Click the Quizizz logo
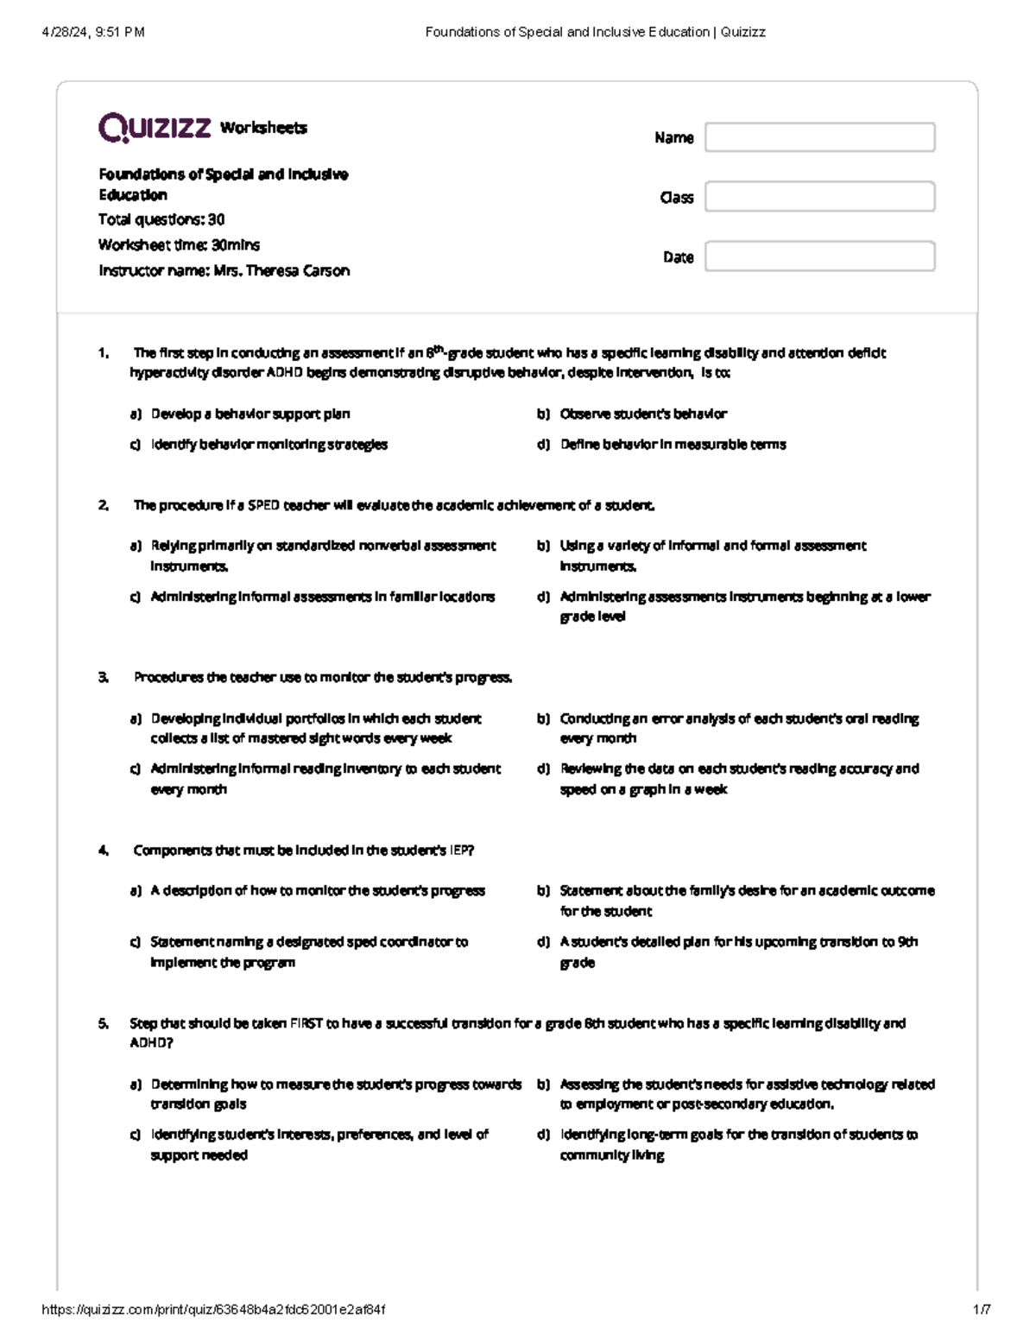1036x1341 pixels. [x=155, y=128]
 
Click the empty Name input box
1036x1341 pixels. [x=819, y=137]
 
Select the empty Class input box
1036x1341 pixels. [x=819, y=197]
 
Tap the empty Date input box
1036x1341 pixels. [x=819, y=256]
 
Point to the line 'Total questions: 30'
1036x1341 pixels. [x=161, y=219]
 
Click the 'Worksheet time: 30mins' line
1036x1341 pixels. [x=179, y=245]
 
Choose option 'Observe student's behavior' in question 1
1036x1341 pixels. [x=642, y=414]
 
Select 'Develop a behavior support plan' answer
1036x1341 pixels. [x=250, y=414]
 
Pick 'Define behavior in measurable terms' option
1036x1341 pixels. [x=673, y=445]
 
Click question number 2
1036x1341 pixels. [x=104, y=505]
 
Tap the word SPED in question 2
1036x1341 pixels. [x=263, y=505]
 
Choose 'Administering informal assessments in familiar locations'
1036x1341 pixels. [x=322, y=597]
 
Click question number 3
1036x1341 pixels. [x=104, y=677]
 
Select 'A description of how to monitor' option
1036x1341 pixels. [x=317, y=890]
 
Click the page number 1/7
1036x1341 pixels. [x=982, y=1310]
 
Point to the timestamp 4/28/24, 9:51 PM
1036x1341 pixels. [x=93, y=32]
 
